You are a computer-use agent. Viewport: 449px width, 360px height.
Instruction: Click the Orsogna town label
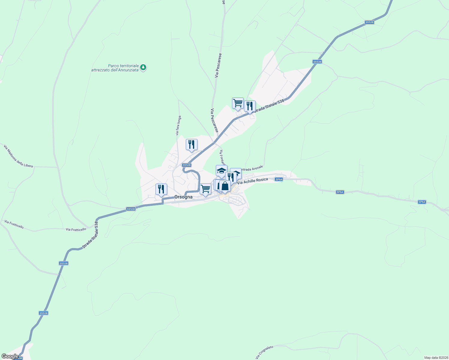point(183,197)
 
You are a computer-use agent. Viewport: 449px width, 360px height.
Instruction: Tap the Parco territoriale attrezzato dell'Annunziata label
point(115,68)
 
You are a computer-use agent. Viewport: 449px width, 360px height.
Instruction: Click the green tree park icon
point(143,67)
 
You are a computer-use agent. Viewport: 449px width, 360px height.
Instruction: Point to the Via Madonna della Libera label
point(18,156)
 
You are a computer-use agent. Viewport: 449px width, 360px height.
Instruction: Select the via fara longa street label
point(179,125)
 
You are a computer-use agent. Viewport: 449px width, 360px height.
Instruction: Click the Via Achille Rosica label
point(252,181)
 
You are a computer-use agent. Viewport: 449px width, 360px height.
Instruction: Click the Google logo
point(10,356)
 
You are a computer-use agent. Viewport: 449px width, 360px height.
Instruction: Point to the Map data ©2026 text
point(436,358)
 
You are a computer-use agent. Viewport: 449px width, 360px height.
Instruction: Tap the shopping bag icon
point(225,186)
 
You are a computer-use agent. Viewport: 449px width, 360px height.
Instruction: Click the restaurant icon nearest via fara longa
point(191,145)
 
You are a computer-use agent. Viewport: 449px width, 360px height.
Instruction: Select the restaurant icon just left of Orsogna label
point(161,189)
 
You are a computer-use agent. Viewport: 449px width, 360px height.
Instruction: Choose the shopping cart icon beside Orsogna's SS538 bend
point(205,189)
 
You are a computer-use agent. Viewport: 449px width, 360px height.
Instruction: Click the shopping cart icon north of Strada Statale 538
point(238,103)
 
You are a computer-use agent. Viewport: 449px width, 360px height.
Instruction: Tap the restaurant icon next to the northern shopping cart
point(250,106)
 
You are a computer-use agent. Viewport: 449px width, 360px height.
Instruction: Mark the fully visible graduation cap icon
point(221,171)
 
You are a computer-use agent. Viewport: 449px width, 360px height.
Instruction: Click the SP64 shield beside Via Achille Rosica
point(279,179)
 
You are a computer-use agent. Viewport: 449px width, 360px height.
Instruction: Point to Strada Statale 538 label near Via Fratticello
point(90,235)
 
